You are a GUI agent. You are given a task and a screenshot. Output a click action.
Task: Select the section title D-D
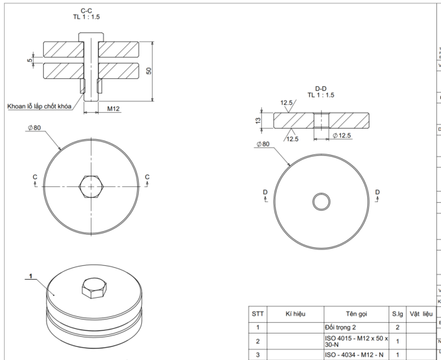click(320, 88)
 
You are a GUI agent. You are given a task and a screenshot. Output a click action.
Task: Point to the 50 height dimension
click(149, 70)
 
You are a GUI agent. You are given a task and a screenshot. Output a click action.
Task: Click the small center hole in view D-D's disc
click(322, 200)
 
